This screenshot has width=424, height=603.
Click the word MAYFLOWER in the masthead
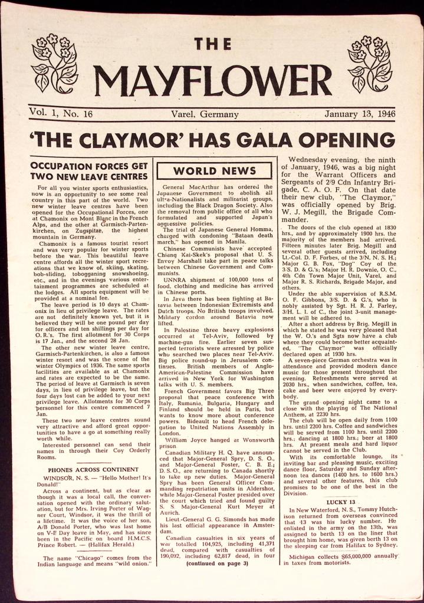point(212,81)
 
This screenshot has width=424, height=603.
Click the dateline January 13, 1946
point(357,114)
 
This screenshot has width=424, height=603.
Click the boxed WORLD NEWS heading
point(215,172)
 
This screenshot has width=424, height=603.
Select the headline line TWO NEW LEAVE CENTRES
point(88,176)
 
